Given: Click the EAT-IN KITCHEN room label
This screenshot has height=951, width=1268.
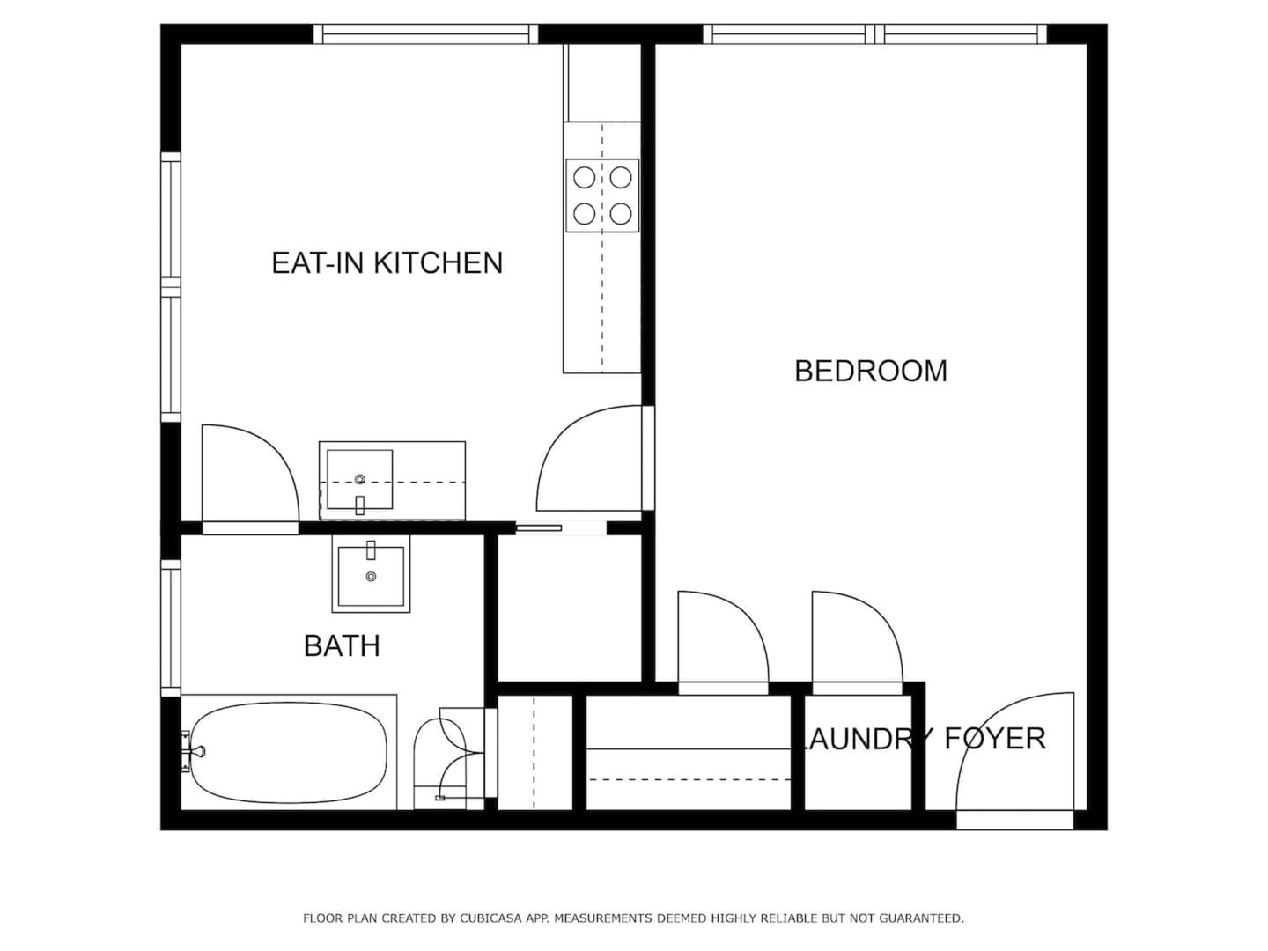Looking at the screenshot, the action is click(387, 263).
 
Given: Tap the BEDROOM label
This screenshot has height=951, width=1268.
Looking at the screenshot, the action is click(871, 372).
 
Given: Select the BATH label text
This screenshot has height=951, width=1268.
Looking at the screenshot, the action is click(342, 646).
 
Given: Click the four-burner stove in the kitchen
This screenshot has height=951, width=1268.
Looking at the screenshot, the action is click(602, 195).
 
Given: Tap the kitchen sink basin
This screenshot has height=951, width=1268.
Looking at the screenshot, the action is click(360, 479).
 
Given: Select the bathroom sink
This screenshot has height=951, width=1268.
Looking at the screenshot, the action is click(371, 574).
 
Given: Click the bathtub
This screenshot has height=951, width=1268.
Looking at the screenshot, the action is click(289, 752).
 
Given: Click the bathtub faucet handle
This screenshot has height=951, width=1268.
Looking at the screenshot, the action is click(195, 751).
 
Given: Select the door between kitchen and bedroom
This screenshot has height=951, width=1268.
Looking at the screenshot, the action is click(589, 459).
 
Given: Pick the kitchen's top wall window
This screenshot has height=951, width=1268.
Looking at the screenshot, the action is click(426, 34).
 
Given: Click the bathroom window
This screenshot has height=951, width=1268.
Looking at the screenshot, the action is click(171, 628).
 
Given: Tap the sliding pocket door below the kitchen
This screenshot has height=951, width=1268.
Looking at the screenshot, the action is click(538, 527).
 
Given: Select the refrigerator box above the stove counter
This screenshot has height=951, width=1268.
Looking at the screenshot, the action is click(602, 83).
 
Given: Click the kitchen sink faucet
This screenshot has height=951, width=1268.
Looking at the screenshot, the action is click(360, 505).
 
